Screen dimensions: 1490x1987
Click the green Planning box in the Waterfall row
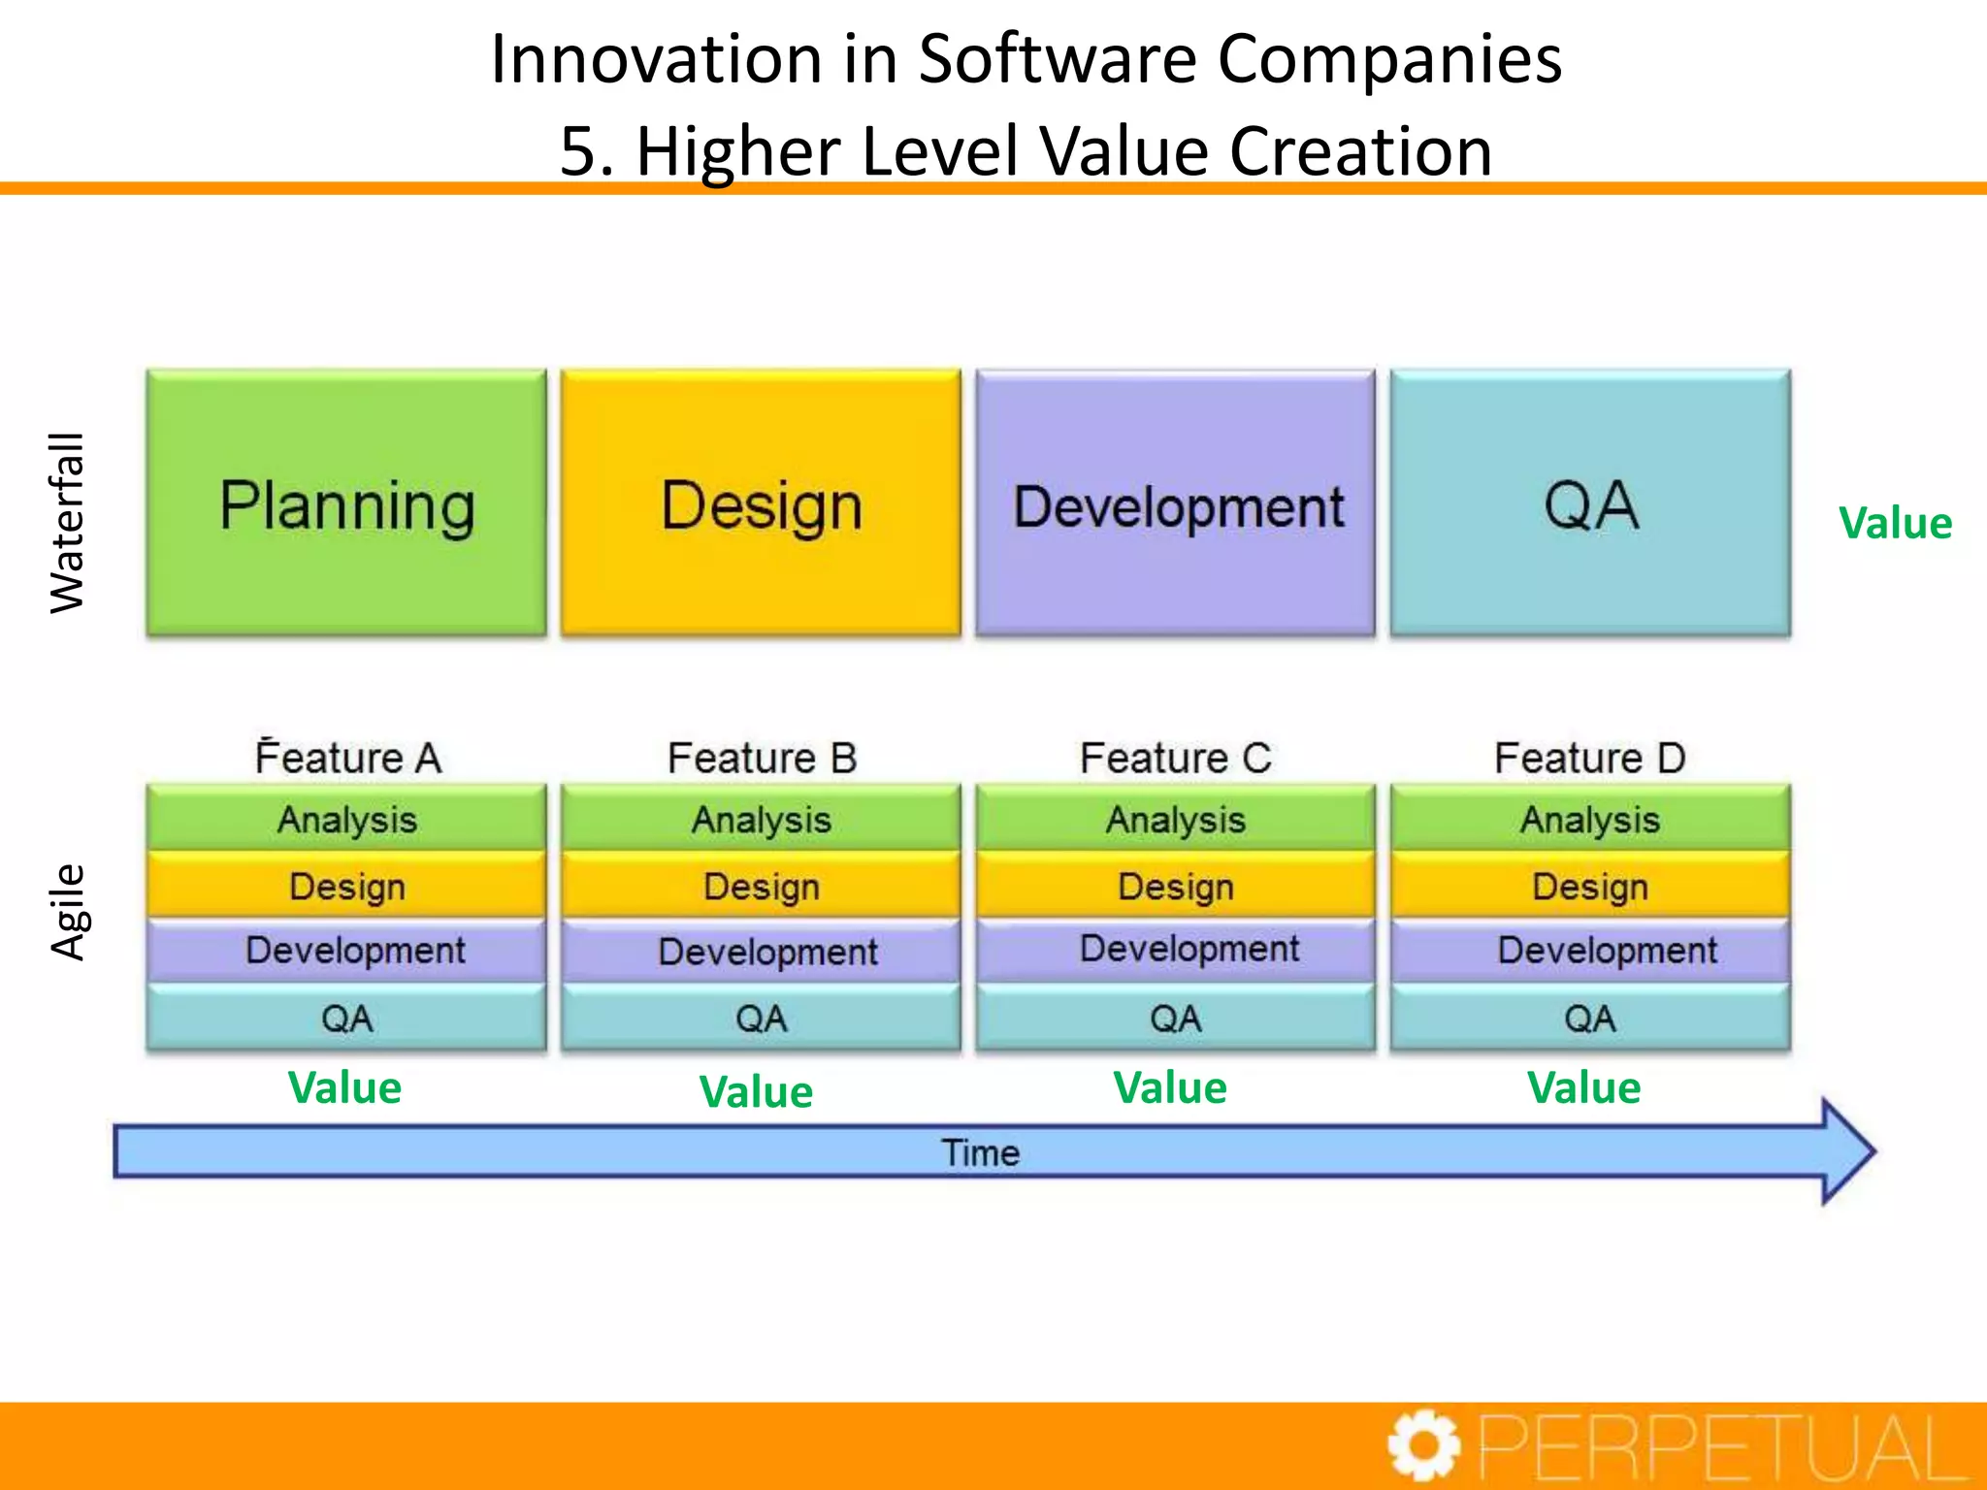click(x=346, y=503)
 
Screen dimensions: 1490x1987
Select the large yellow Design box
click(x=761, y=503)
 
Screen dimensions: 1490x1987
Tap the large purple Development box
click(x=1176, y=503)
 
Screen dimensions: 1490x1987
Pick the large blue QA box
click(x=1590, y=503)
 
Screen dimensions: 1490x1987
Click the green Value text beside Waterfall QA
click(x=1895, y=524)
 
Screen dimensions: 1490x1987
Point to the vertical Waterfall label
click(x=68, y=523)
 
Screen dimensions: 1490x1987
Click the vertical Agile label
click(x=68, y=912)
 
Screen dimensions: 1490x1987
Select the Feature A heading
click(x=348, y=758)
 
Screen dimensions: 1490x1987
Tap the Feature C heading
click(x=1176, y=758)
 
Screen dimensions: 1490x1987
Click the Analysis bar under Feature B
click(x=761, y=820)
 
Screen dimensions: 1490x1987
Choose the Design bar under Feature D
click(x=1590, y=886)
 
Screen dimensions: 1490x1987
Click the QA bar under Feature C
click(x=1176, y=1019)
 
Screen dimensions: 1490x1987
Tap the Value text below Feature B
click(x=756, y=1092)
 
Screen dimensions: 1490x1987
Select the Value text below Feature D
click(x=1583, y=1088)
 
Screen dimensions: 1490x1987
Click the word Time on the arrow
click(x=980, y=1152)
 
